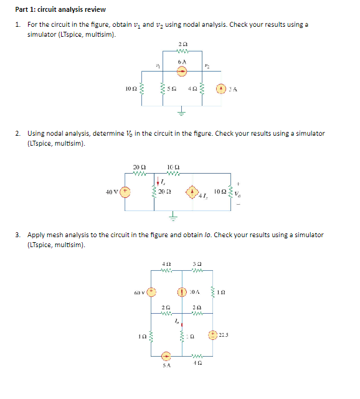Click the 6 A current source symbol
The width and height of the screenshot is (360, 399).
(x=181, y=72)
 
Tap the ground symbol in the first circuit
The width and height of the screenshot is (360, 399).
(x=182, y=113)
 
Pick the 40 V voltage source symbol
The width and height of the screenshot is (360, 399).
(x=125, y=192)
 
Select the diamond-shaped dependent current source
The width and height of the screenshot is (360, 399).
(x=196, y=192)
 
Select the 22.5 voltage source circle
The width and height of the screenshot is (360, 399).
(x=212, y=335)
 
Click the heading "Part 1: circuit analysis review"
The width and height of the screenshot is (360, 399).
(x=60, y=9)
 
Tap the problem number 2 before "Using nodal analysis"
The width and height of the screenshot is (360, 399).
(x=19, y=133)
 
